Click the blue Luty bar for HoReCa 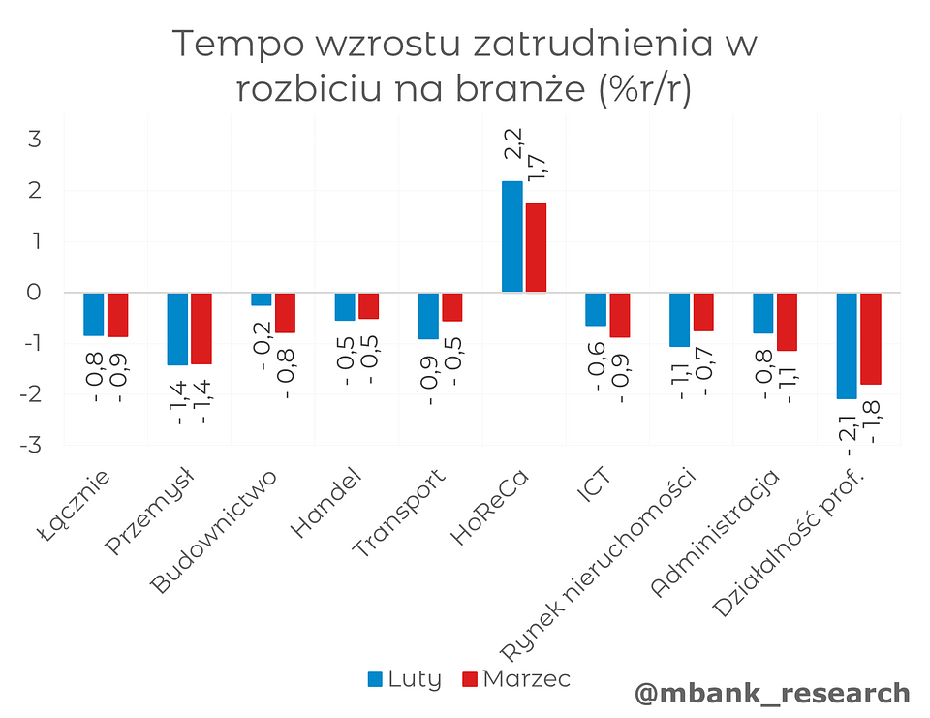tap(511, 236)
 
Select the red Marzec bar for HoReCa tap(536, 247)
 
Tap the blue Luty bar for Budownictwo tap(261, 299)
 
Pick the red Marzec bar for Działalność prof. tap(871, 338)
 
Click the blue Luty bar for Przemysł tap(177, 328)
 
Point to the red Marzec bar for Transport tap(452, 307)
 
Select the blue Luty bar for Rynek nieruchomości tap(679, 319)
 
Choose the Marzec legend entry tap(516, 678)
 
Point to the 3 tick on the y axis tap(35, 140)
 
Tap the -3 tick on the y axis tap(31, 445)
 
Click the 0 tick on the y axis tap(35, 292)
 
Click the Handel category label tap(326, 504)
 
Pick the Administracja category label tap(717, 533)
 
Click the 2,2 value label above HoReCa tap(514, 142)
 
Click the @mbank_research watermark tap(772, 693)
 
